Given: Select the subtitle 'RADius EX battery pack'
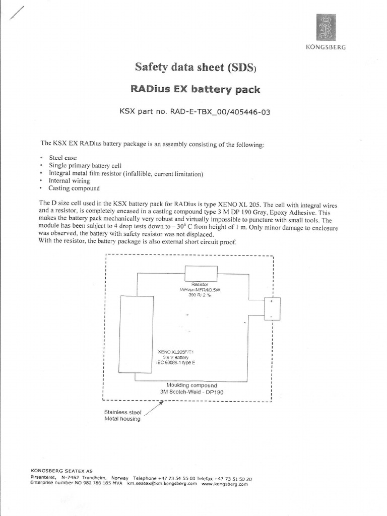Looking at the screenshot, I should pos(196,90).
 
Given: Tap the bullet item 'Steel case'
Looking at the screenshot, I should pos(62,158).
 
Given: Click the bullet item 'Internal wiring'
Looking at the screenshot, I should pos(69,180).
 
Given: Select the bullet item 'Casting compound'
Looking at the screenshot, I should pos(74,188).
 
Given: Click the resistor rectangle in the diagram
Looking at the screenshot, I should pos(201,274).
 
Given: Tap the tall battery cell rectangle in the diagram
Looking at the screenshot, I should pos(136,334).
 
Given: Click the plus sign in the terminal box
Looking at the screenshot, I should pos(271,301).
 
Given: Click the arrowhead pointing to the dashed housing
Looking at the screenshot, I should pos(161,403).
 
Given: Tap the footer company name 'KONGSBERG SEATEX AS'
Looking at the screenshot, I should pos(61,471).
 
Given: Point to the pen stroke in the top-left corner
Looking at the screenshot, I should pos(17,13).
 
